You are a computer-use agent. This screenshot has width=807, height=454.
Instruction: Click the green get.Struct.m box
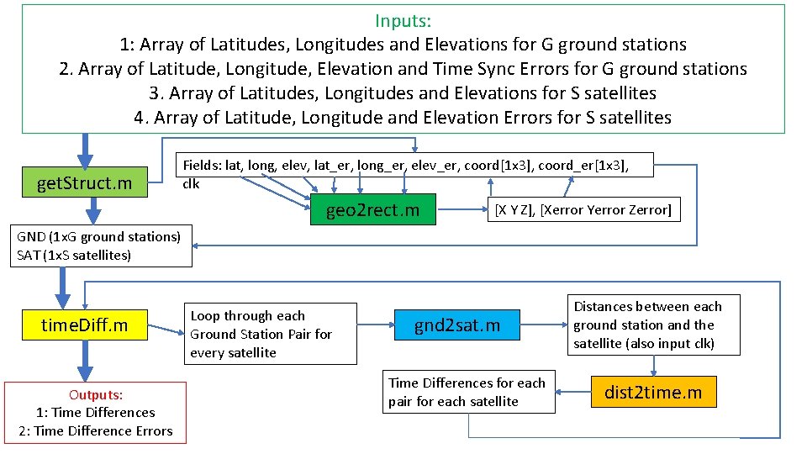tap(84, 182)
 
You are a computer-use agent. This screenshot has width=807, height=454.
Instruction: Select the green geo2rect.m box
tap(372, 209)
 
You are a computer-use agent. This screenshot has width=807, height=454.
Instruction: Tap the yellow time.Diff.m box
tap(85, 325)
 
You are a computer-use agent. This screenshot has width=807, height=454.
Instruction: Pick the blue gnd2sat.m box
tap(457, 325)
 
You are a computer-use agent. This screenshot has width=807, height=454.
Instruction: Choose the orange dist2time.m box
tap(653, 392)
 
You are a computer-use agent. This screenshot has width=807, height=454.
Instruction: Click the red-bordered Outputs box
tap(95, 413)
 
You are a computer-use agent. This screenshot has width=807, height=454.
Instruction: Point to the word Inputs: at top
tap(403, 20)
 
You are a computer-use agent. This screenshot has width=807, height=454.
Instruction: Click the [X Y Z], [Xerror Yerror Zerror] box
tap(583, 209)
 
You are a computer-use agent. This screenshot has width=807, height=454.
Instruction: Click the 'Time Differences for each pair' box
tap(467, 392)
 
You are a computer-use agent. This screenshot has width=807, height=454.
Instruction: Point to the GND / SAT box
tap(98, 245)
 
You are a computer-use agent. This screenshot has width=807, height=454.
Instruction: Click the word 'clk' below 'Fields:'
tap(191, 184)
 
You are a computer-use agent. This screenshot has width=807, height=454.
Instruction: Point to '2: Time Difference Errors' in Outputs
tap(95, 430)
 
